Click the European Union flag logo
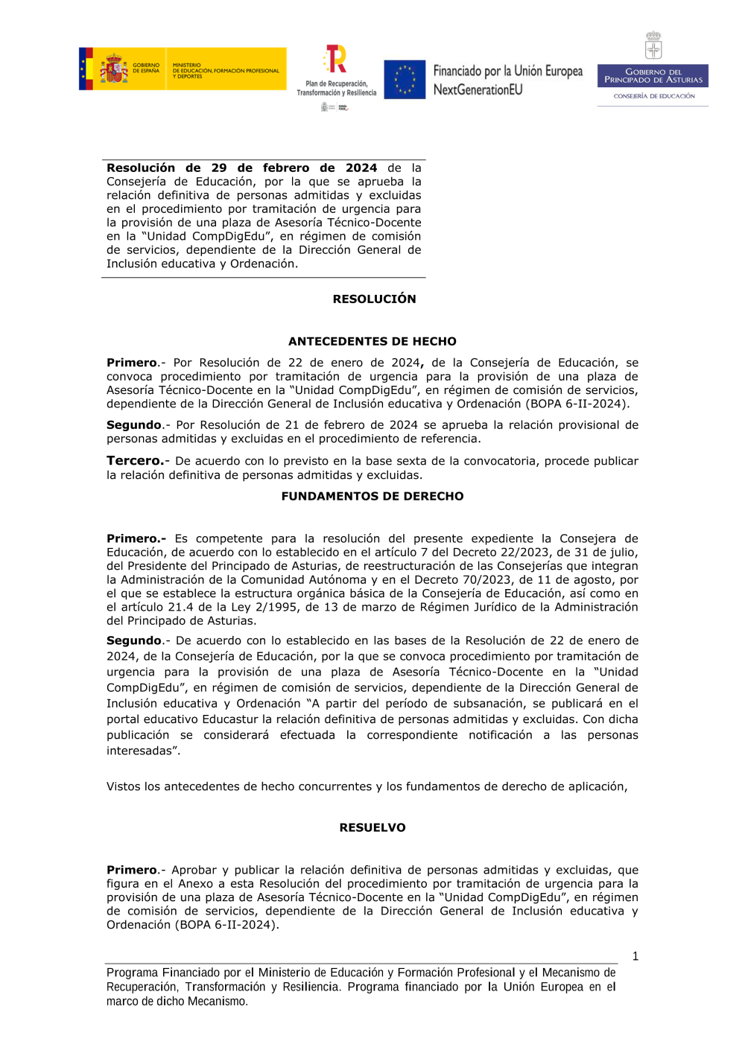[405, 80]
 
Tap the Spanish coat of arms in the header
[113, 69]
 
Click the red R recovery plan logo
[336, 59]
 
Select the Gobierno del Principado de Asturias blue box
[653, 76]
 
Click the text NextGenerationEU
[478, 90]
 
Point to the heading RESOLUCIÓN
[374, 299]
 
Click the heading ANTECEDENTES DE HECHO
[372, 342]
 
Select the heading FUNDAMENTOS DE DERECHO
[372, 497]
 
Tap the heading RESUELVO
[372, 828]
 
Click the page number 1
[635, 957]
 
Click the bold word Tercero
[135, 461]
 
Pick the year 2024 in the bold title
[361, 168]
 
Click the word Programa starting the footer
[132, 973]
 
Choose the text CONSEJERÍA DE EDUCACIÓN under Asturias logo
[653, 96]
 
